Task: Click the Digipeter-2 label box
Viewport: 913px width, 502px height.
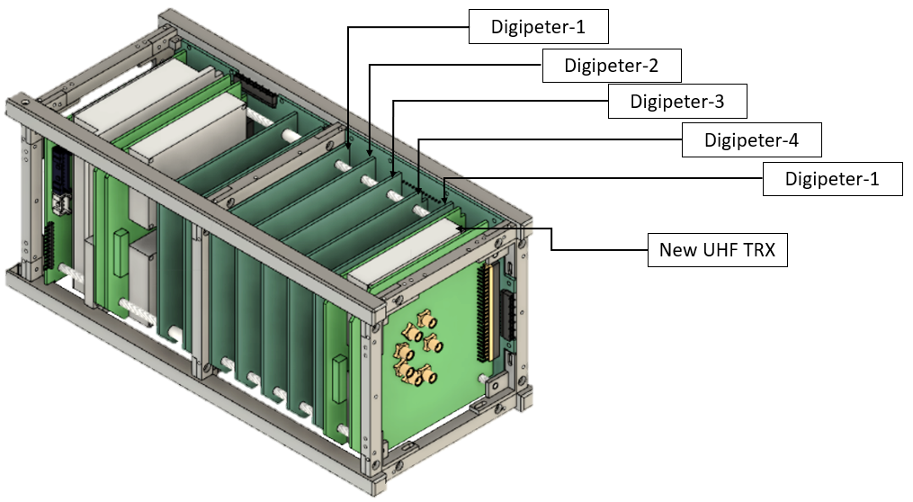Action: (612, 66)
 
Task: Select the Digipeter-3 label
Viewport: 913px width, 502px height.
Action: (677, 102)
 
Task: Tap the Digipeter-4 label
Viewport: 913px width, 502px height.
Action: (751, 139)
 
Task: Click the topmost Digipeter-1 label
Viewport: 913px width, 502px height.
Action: (538, 26)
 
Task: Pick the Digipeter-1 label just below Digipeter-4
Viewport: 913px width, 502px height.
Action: (832, 178)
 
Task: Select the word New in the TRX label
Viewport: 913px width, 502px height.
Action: (675, 250)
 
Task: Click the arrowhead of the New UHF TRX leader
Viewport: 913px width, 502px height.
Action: (460, 229)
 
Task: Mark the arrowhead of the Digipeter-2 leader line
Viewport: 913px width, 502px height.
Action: (370, 153)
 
